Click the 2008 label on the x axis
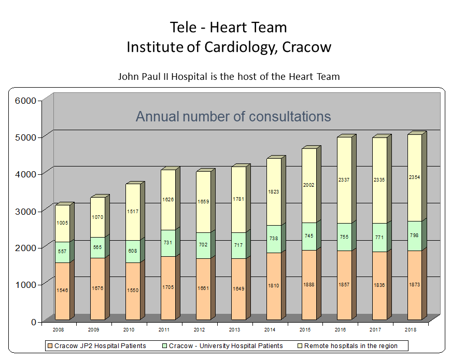tap(59, 329)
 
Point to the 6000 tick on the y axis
tap(24, 101)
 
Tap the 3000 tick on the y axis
tap(24, 211)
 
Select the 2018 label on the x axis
tap(411, 329)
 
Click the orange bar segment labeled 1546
tap(62, 290)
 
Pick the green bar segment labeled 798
tap(414, 236)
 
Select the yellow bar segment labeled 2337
tap(344, 180)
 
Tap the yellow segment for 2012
tap(203, 202)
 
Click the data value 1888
tap(309, 285)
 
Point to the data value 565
tap(97, 247)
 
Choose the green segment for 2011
tap(168, 243)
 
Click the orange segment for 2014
tap(274, 286)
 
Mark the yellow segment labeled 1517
tap(133, 212)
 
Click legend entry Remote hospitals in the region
tap(350, 345)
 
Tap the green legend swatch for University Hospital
tap(164, 345)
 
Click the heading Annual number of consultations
tap(233, 116)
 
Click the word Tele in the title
tap(182, 27)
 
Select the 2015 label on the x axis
tap(305, 329)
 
